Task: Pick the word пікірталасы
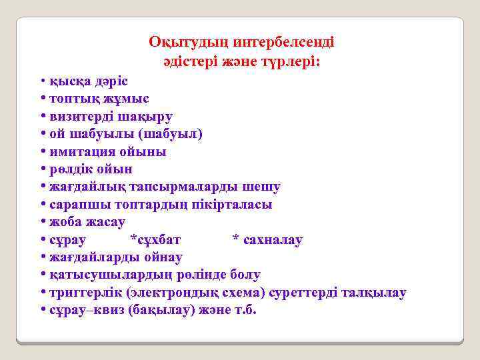tap(233, 204)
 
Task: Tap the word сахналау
tap(273, 239)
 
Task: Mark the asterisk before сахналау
tap(235, 238)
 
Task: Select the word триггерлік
tap(85, 293)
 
